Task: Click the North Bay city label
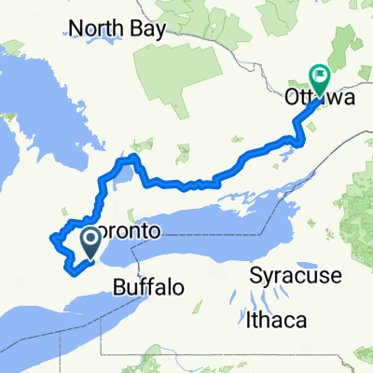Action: (121, 28)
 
